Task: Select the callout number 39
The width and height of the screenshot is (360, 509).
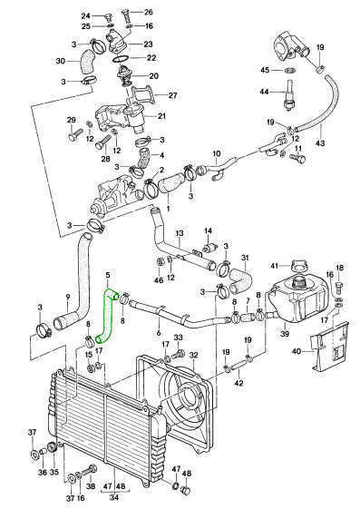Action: (285, 333)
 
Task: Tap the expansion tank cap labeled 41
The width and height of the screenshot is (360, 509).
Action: (299, 265)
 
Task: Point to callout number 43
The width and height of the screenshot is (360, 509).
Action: (320, 142)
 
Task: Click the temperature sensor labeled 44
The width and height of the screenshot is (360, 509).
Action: (288, 96)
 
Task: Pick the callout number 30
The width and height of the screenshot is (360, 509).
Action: (61, 61)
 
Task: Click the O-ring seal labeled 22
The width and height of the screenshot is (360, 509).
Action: (120, 60)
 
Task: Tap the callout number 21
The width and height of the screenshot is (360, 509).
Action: (161, 116)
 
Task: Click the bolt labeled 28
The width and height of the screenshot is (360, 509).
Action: (103, 142)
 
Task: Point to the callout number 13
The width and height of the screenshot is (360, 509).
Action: (180, 233)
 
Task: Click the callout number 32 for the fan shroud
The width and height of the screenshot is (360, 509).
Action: (193, 355)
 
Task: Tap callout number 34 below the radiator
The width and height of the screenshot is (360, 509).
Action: (114, 497)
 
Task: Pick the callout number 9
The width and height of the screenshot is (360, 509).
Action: (67, 297)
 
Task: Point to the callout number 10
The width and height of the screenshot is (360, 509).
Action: (217, 153)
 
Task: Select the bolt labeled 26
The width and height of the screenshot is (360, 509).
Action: (127, 15)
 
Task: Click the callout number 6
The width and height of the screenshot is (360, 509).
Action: (159, 332)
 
